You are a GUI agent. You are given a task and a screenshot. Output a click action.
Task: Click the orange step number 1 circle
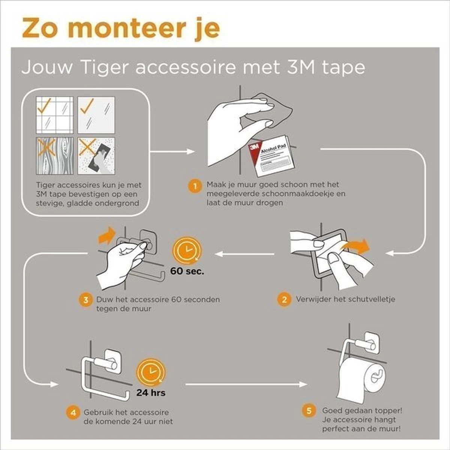(x=195, y=186)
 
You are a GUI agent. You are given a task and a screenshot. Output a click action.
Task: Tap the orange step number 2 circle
(x=284, y=300)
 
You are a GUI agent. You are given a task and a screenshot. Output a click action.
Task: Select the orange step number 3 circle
(x=86, y=300)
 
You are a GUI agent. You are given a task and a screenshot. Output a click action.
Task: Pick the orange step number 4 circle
(x=73, y=413)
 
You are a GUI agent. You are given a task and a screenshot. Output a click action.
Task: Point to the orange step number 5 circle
(x=309, y=411)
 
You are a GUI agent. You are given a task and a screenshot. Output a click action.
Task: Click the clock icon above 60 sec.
(x=186, y=250)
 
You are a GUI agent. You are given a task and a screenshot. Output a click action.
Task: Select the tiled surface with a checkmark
(x=55, y=115)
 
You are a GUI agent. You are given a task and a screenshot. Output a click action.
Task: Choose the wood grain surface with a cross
(x=55, y=156)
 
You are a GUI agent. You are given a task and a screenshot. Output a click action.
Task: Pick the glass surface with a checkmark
(x=96, y=115)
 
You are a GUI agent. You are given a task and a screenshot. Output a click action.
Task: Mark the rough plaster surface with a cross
(x=96, y=156)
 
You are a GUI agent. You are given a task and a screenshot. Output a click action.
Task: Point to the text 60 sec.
(x=187, y=271)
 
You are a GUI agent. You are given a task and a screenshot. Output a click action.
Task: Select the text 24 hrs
(x=151, y=393)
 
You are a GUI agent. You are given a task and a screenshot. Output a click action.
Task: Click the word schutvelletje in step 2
(x=371, y=299)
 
